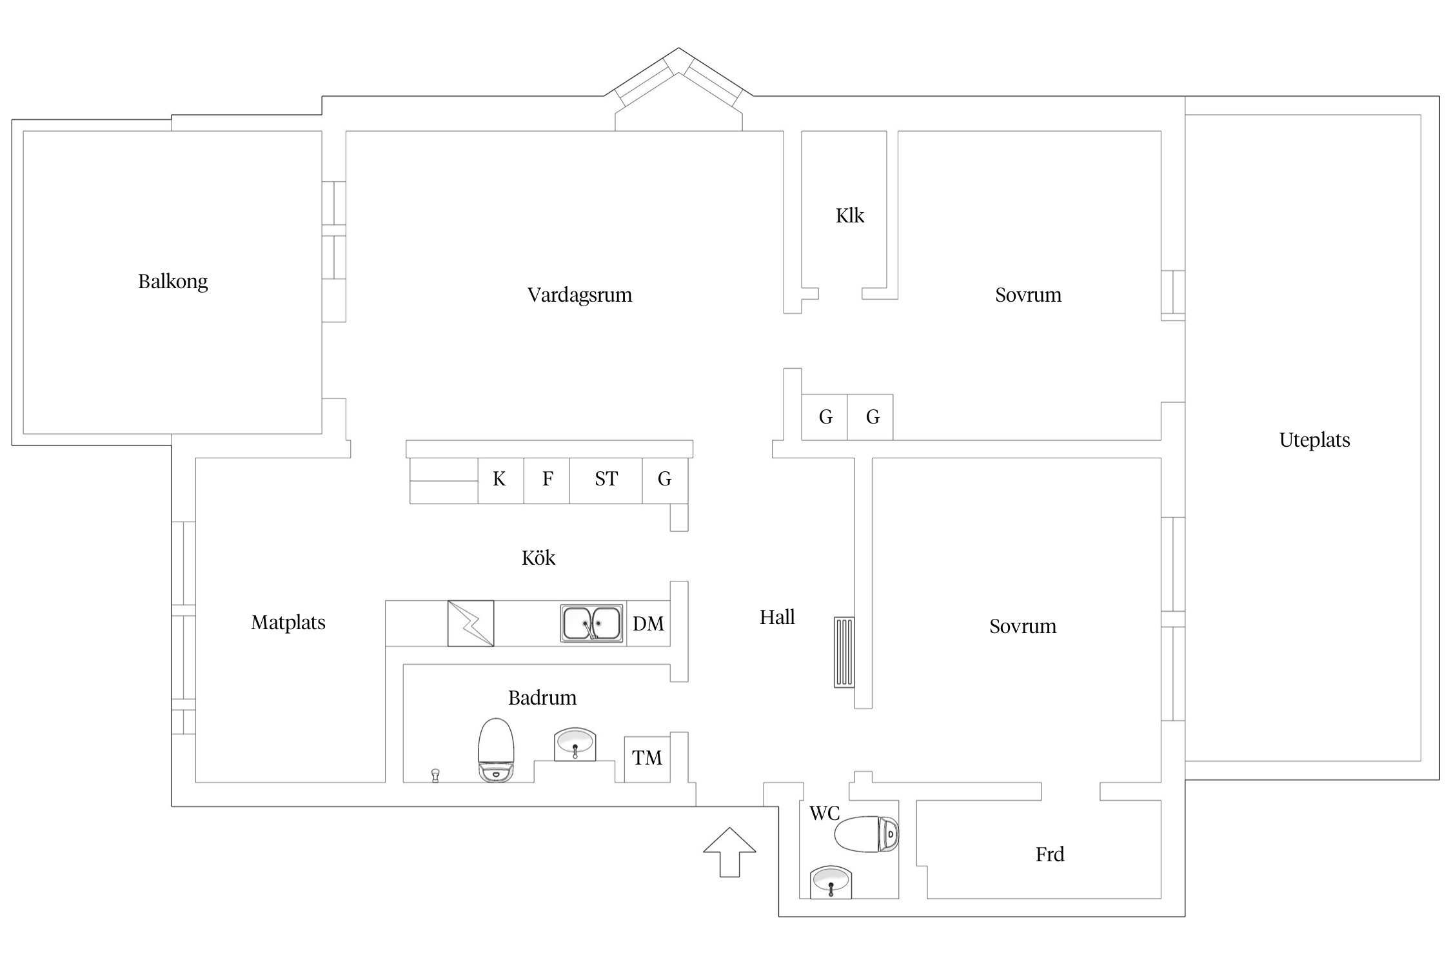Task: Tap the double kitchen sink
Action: (x=591, y=623)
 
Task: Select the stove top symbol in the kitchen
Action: (x=471, y=623)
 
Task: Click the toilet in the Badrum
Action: (x=495, y=750)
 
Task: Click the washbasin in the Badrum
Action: (x=575, y=745)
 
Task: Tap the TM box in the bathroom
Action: (x=647, y=759)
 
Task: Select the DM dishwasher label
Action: (x=648, y=624)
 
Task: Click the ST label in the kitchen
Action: (x=606, y=479)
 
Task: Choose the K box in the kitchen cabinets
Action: (x=500, y=480)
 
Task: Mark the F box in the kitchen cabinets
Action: (x=547, y=480)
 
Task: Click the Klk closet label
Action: (x=849, y=216)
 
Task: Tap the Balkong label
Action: (x=173, y=282)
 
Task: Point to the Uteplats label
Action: (x=1314, y=440)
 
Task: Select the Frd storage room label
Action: (x=1049, y=855)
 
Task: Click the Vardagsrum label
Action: (x=579, y=295)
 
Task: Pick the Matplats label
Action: (x=288, y=623)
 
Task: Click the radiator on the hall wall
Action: (x=844, y=652)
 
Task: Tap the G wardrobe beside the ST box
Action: (x=664, y=480)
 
